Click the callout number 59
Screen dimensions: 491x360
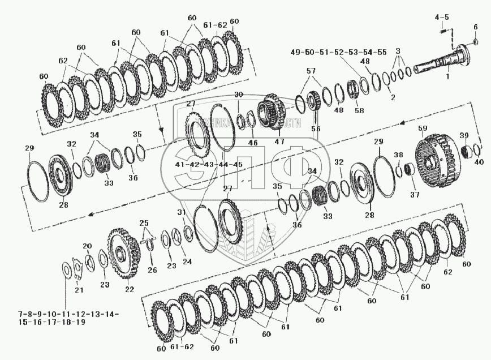[422, 129]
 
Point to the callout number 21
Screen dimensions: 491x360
[79, 290]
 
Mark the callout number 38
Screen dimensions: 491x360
[398, 155]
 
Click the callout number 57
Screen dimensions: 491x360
[310, 71]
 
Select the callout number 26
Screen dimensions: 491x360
[152, 270]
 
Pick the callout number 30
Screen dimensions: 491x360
[238, 94]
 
